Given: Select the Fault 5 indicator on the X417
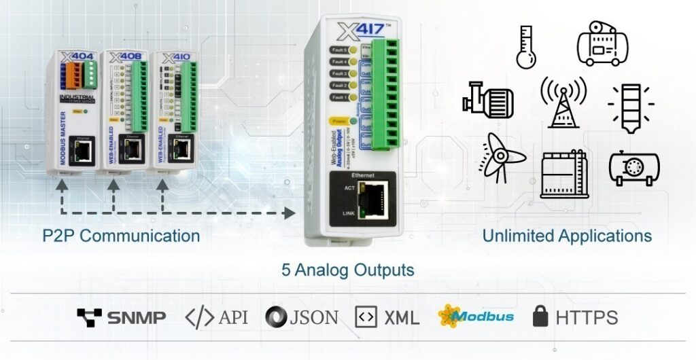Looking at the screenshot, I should (338, 50).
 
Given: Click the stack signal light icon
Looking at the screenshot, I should (630, 104).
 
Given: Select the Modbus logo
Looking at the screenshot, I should (476, 316).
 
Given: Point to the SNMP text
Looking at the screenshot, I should (136, 317).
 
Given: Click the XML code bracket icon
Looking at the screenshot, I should (366, 316).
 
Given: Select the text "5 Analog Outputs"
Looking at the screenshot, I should (348, 270).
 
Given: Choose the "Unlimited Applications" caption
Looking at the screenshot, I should (567, 236).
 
